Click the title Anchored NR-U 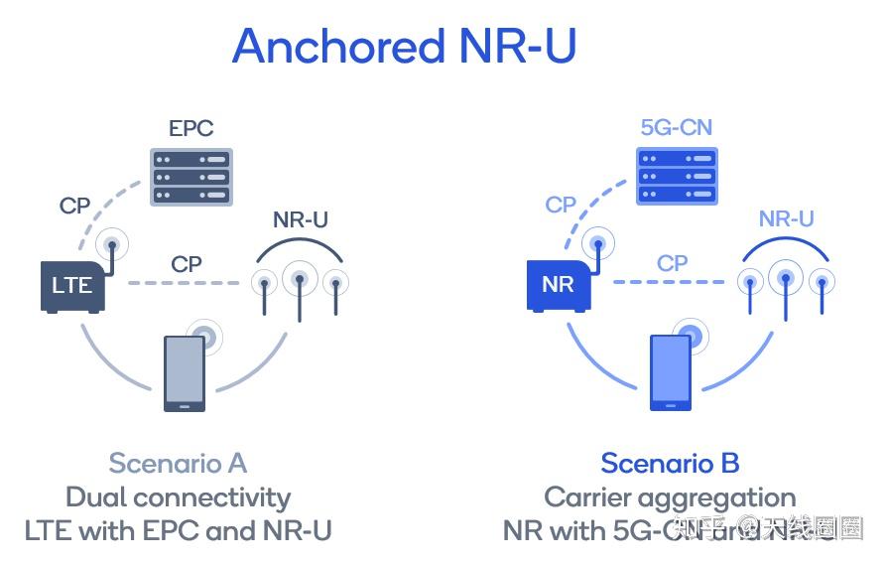click(404, 47)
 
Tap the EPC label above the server click(190, 128)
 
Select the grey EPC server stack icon click(190, 177)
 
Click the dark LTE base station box click(72, 286)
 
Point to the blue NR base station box click(558, 286)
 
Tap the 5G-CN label click(676, 128)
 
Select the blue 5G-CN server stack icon click(676, 177)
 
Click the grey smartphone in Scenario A click(185, 372)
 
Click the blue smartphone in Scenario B click(671, 372)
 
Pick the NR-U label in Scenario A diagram click(300, 219)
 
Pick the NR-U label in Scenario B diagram click(786, 219)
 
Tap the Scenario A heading click(178, 464)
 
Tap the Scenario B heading click(670, 464)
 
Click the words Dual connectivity click(178, 496)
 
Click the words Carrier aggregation click(670, 496)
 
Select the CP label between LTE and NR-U click(187, 264)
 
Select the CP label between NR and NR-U click(673, 264)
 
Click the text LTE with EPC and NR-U click(178, 530)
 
